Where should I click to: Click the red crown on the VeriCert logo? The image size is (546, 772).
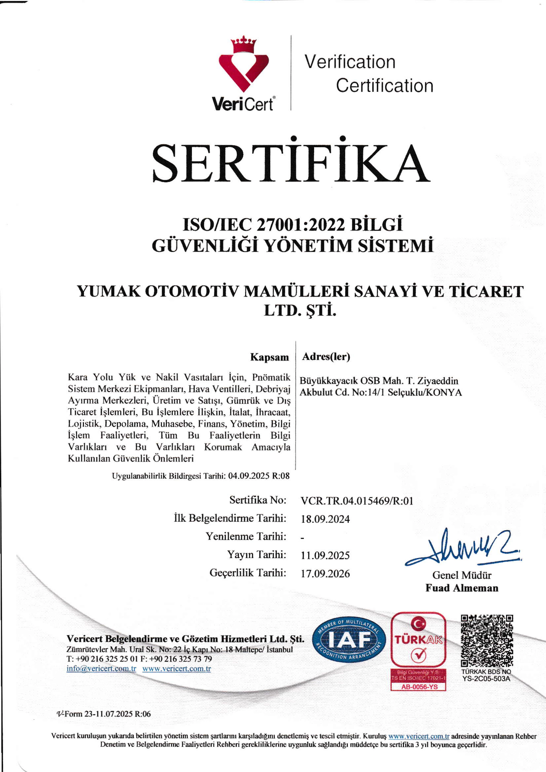pyautogui.click(x=243, y=45)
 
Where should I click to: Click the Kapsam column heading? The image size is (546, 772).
pyautogui.click(x=269, y=357)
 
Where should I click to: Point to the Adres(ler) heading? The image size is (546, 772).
pyautogui.click(x=326, y=356)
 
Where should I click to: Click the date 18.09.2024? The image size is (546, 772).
pyautogui.click(x=325, y=519)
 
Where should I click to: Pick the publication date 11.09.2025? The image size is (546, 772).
pyautogui.click(x=325, y=555)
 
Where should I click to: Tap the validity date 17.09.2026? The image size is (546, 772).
pyautogui.click(x=325, y=573)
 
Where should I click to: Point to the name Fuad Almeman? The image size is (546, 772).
pyautogui.click(x=462, y=588)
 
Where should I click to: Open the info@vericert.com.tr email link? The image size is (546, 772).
pyautogui.click(x=101, y=669)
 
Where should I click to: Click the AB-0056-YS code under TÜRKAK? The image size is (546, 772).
pyautogui.click(x=419, y=687)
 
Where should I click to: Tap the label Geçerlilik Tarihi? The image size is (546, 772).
pyautogui.click(x=248, y=573)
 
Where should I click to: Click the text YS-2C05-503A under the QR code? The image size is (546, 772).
pyautogui.click(x=486, y=678)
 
